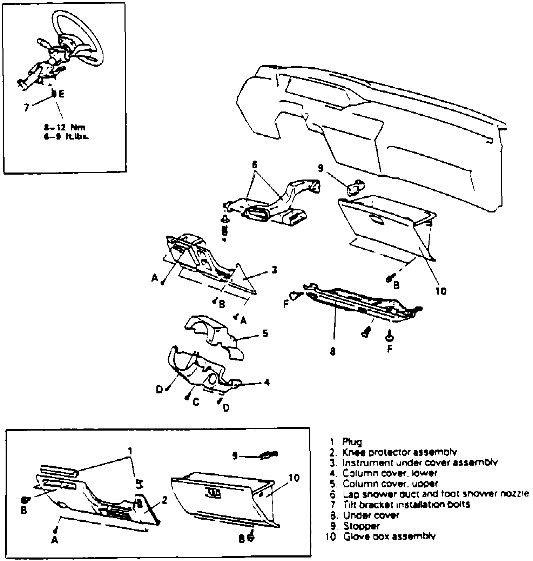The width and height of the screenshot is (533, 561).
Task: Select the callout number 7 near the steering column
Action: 26,107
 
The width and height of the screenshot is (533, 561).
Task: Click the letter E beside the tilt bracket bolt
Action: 62,94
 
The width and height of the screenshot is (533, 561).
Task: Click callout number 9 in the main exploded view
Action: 320,169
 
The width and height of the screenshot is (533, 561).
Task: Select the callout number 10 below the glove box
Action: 441,291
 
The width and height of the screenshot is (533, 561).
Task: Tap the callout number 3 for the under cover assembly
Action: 274,270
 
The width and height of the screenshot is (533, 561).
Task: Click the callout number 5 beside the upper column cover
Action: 265,333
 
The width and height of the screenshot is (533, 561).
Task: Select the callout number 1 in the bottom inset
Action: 130,451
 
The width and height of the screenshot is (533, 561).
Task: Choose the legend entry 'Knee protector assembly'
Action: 400,453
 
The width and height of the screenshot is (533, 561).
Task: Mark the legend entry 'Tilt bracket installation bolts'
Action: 407,505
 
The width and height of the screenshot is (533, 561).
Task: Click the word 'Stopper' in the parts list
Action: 361,526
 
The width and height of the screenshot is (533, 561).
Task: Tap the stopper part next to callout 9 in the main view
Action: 355,188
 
